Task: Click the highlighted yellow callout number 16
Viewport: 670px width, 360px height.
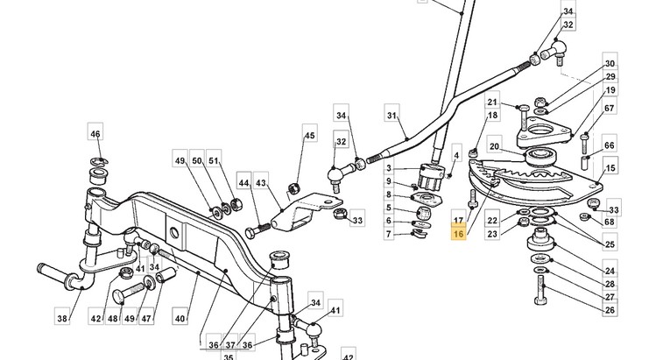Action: (458, 235)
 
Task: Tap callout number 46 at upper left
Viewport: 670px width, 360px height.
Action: (95, 134)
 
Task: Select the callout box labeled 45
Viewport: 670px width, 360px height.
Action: (308, 136)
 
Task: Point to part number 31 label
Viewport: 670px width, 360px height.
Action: (391, 116)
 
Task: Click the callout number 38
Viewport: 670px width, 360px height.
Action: (61, 319)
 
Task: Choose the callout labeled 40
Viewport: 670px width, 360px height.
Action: (180, 319)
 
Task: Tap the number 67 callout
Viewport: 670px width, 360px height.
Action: (610, 109)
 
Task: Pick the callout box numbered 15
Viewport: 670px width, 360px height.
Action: (610, 167)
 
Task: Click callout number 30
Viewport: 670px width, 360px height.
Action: (610, 65)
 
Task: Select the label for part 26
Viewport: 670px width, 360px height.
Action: (610, 310)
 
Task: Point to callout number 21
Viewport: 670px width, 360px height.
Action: (492, 102)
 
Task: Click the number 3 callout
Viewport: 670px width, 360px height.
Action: (389, 167)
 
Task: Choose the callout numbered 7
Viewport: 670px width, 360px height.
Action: (389, 234)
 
